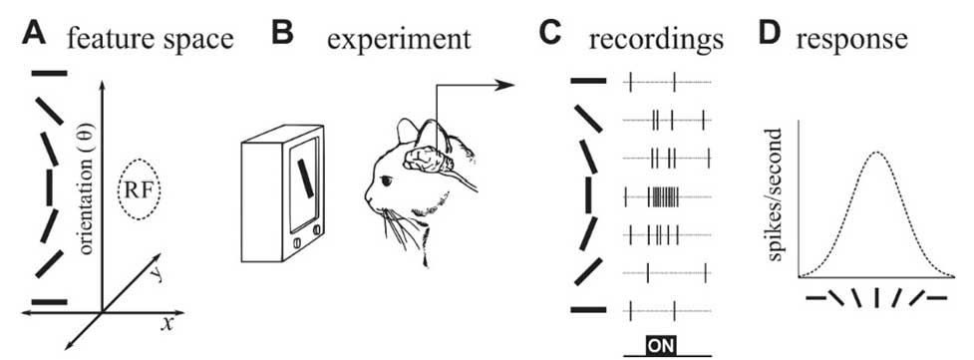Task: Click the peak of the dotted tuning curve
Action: click(876, 153)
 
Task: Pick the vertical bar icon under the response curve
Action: click(875, 297)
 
